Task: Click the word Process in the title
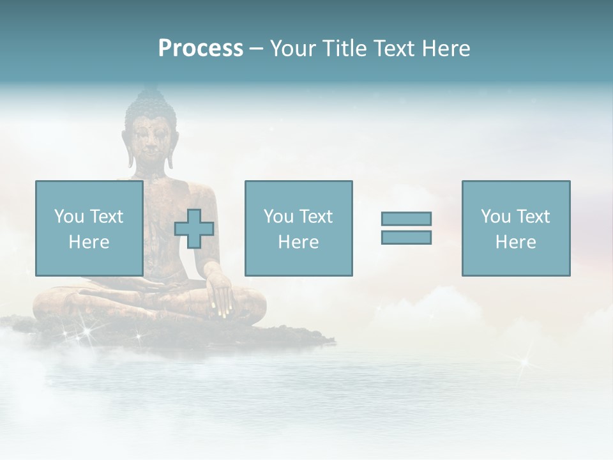coord(201,49)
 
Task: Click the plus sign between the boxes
coord(194,229)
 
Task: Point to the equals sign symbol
coord(406,228)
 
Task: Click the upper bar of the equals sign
coord(406,219)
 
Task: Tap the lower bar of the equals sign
coord(406,237)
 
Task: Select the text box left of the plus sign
coord(89,228)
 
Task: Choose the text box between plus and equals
coord(298,228)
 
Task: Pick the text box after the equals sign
coord(515,228)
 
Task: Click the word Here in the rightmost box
coord(515,241)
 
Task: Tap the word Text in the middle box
coord(315,217)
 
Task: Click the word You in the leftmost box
coord(69,217)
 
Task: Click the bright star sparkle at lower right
coord(524,362)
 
